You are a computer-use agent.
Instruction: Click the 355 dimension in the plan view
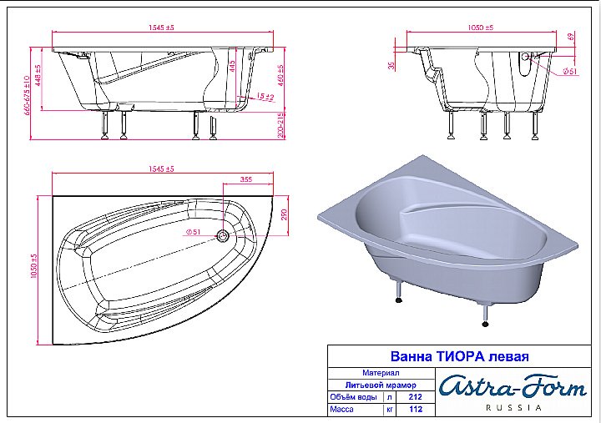[x=246, y=179]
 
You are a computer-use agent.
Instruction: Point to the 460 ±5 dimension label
[x=280, y=76]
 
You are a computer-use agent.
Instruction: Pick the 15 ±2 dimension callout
[x=265, y=98]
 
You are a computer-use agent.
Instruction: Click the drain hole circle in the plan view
[x=223, y=236]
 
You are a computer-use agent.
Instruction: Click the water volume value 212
[x=416, y=398]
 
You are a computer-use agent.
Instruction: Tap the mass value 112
[x=416, y=410]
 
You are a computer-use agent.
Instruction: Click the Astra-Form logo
[x=513, y=386]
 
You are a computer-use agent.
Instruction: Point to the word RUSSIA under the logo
[x=513, y=408]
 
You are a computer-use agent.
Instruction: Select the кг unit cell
[x=388, y=410]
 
